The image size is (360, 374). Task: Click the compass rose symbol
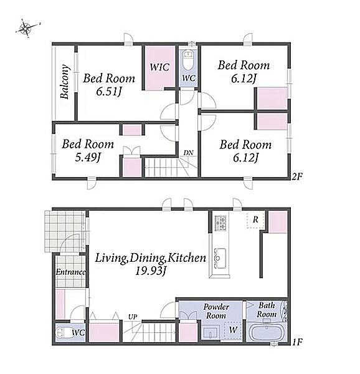point(27,27)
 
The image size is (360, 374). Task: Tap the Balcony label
point(65,82)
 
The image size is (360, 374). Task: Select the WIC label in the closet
point(159,67)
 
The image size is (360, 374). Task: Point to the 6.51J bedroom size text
point(109,92)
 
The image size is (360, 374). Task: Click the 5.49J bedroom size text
point(88,157)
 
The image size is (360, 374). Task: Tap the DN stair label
point(188,153)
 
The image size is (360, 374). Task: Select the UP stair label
point(133,317)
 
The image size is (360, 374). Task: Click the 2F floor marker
point(297,176)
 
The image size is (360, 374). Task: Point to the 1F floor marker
point(297,342)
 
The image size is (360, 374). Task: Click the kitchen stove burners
point(220,223)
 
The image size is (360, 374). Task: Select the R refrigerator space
point(255,219)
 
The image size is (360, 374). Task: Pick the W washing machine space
point(233,330)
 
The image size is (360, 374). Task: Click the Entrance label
point(70,272)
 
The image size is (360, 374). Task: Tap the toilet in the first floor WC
point(63,332)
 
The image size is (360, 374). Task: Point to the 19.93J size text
point(150,271)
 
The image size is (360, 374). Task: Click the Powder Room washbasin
point(211,332)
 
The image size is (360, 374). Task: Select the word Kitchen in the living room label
point(186,258)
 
